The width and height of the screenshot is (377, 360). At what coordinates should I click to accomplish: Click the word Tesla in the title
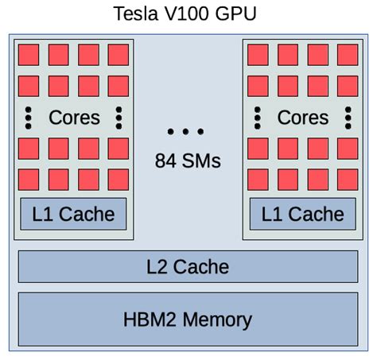click(x=135, y=14)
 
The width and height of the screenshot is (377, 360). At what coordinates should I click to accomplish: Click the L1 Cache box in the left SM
click(x=73, y=214)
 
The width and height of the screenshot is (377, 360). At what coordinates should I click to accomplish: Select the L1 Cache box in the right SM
click(x=303, y=214)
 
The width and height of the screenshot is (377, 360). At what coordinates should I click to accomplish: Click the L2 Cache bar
click(x=188, y=266)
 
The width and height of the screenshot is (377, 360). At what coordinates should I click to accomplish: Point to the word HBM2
click(x=151, y=319)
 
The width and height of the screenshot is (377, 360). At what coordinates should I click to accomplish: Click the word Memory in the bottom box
click(x=217, y=319)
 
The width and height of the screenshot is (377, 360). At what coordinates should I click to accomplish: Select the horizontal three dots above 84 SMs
click(x=187, y=131)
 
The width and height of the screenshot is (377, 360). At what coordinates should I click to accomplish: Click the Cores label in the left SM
click(x=75, y=118)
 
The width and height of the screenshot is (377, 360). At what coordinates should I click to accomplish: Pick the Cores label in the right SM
click(x=303, y=118)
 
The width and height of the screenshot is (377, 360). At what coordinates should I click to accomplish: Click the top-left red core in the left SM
click(x=29, y=55)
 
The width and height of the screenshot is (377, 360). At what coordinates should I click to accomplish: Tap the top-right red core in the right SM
click(x=348, y=55)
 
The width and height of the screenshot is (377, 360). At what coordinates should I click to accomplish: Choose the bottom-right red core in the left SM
click(x=118, y=179)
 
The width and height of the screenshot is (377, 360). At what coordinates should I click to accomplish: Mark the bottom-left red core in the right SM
click(x=258, y=179)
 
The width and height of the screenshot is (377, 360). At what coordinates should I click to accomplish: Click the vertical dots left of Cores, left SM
click(x=29, y=117)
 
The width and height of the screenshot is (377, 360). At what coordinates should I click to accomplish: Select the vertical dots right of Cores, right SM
click(x=348, y=117)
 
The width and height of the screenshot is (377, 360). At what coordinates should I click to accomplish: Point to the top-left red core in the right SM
click(x=258, y=55)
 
